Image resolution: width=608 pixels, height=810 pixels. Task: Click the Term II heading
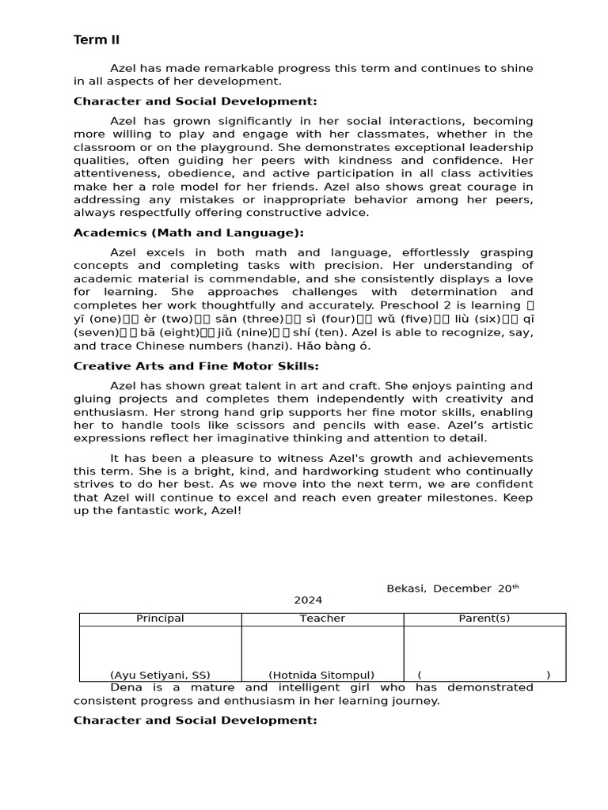click(x=97, y=40)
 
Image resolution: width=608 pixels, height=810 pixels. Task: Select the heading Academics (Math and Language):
click(x=188, y=233)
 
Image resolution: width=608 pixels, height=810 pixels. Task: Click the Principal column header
click(x=160, y=619)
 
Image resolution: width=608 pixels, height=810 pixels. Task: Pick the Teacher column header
click(x=322, y=619)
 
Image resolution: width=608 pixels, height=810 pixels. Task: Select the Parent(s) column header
click(x=484, y=619)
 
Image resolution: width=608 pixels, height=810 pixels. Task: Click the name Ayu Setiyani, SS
click(x=160, y=675)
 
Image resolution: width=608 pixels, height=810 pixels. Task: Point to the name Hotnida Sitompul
click(x=321, y=675)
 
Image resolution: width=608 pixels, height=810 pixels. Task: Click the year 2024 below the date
click(x=308, y=600)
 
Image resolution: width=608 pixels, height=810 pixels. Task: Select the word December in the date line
click(x=462, y=589)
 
